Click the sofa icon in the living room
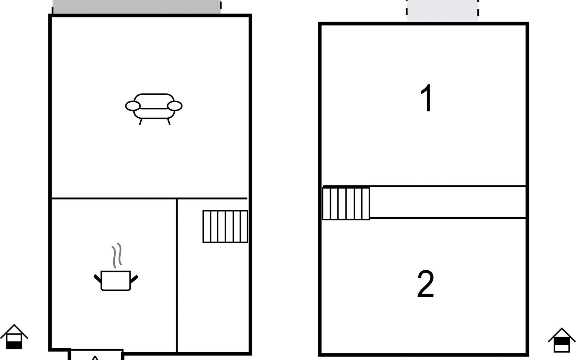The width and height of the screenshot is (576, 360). coord(154,109)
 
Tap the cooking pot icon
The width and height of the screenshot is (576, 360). coord(116,281)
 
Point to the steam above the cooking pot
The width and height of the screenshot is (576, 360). coord(117,255)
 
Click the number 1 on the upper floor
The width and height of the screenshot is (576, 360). coord(427,98)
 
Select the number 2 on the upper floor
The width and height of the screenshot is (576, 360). coord(426,284)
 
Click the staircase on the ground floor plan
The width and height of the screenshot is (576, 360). coord(225,226)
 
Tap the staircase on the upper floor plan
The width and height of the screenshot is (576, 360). coord(346,204)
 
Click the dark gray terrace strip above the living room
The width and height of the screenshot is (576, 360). coord(137,7)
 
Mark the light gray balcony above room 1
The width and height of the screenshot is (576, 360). coord(442,11)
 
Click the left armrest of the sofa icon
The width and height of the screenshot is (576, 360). coord(133,106)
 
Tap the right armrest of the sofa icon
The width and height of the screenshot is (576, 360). coord(175,106)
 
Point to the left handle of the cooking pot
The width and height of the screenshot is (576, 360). coord(98,279)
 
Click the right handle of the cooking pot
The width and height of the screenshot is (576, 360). coord(134,279)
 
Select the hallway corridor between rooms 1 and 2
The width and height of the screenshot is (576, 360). coord(448,202)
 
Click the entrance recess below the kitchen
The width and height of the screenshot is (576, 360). coord(97,355)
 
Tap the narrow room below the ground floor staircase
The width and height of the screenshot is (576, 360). coord(213,297)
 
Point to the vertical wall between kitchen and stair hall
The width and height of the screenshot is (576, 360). coord(177,275)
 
